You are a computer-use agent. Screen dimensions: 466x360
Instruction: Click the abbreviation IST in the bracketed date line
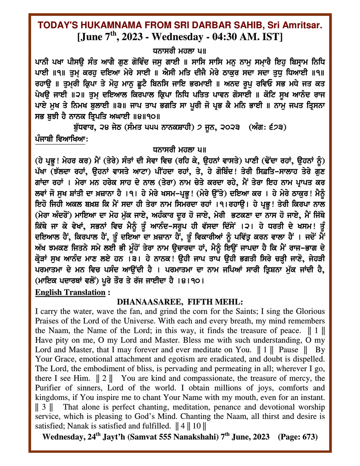click(x=274, y=37)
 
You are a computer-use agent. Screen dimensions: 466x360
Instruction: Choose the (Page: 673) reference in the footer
click(x=298, y=436)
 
